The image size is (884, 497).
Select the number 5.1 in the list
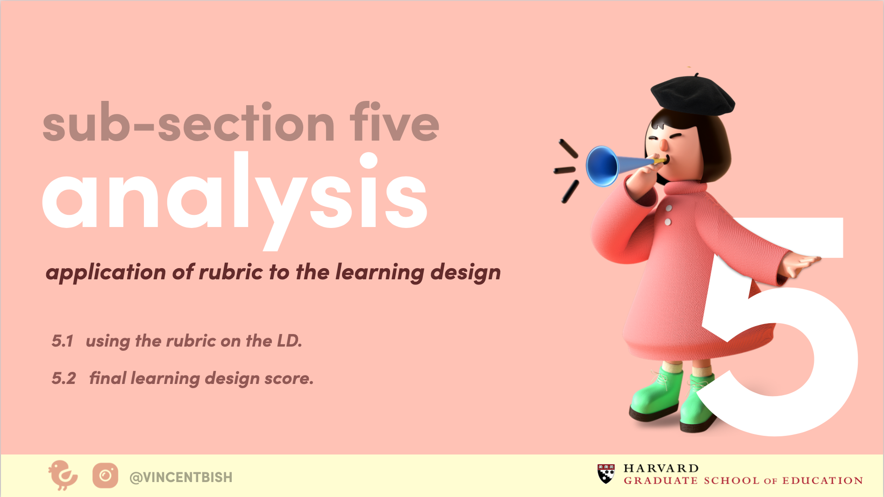(x=63, y=341)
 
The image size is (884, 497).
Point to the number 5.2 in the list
(x=64, y=378)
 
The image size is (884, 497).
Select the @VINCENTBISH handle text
(x=181, y=477)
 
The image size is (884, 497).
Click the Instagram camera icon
(x=105, y=476)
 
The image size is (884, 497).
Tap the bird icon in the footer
(x=63, y=476)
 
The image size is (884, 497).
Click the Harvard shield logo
(x=606, y=474)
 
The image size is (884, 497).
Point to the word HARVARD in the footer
(x=661, y=469)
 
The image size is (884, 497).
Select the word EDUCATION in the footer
(x=823, y=481)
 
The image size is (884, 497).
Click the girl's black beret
(x=692, y=96)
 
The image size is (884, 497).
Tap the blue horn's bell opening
(x=601, y=166)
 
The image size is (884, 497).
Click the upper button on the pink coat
(x=669, y=208)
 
